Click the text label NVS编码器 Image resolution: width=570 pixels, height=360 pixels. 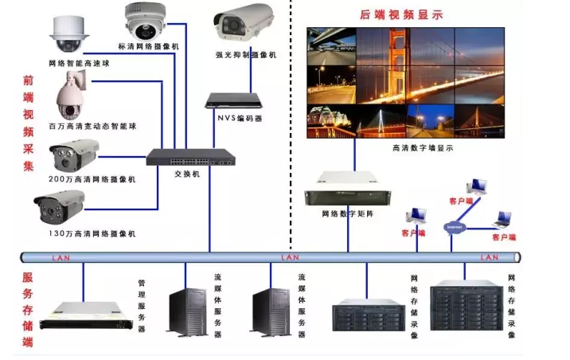point(240,119)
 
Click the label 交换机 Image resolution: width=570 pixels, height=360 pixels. point(187,173)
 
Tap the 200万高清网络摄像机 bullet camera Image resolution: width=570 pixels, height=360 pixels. point(75,155)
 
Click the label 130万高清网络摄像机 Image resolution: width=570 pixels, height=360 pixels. point(92,233)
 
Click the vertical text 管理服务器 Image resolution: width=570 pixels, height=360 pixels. point(142,306)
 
